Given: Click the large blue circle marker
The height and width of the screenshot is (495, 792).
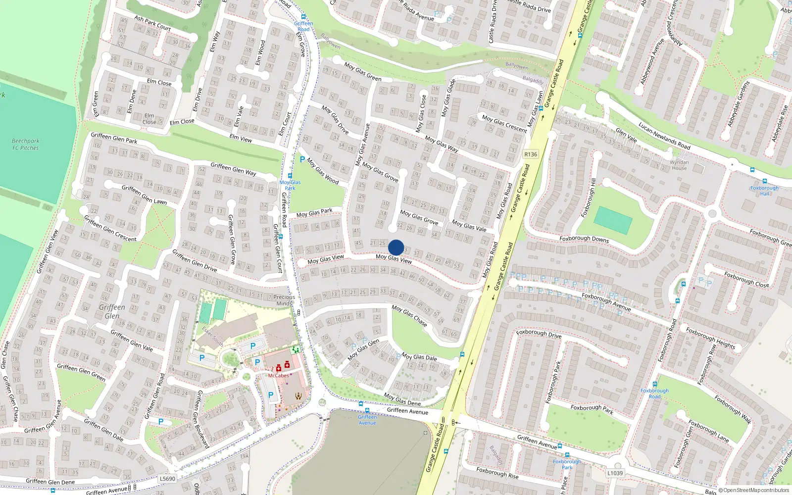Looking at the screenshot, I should [396, 247].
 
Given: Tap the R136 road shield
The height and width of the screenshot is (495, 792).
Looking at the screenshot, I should [531, 154].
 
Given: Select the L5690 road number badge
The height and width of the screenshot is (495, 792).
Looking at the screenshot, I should [168, 479].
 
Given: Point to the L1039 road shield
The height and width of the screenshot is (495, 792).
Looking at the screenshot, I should [615, 473].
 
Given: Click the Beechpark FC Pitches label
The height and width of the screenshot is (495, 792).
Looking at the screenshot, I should [25, 144].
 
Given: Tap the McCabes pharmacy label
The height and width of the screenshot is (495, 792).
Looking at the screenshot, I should [278, 376].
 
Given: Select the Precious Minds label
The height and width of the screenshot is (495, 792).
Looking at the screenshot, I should [284, 300].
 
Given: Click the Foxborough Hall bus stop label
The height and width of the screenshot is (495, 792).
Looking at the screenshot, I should [764, 191].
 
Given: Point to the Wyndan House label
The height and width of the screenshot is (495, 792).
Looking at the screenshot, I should [679, 165].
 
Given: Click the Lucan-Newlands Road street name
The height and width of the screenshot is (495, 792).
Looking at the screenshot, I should [664, 136].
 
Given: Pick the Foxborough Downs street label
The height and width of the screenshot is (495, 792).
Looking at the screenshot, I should [584, 239].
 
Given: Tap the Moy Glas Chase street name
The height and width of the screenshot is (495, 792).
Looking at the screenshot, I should [409, 315].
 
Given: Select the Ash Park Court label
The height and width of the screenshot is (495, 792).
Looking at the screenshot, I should [152, 23].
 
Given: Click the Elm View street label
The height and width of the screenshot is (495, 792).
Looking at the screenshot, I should [241, 139].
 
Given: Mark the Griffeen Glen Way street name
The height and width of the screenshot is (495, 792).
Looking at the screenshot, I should [233, 169].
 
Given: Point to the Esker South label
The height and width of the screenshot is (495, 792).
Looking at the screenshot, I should [213, 337].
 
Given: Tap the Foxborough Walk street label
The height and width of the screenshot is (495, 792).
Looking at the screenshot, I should [733, 409].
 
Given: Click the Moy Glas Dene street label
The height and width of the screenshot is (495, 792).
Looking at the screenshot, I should [402, 399].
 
